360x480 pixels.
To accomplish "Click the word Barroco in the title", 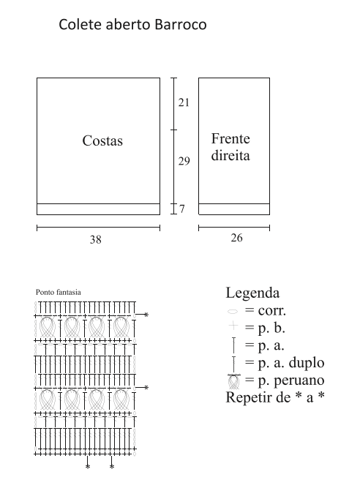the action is (181, 24).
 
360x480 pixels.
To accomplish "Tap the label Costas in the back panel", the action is (102, 140).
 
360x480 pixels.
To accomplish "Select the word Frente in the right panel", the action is (230, 139).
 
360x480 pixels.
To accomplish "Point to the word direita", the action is (230, 155).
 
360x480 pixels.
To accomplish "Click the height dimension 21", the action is (184, 102).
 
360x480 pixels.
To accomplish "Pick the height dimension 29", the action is (184, 161).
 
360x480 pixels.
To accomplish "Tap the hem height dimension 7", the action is (182, 209).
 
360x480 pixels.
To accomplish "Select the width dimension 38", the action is (96, 239).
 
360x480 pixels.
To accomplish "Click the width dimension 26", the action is (236, 238).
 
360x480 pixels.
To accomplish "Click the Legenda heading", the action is (252, 293).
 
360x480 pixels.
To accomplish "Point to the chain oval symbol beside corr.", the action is (233, 312).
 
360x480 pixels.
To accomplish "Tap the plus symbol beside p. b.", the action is (233, 326).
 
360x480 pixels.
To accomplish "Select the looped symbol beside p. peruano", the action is (234, 381).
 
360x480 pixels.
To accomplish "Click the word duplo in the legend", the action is (307, 363).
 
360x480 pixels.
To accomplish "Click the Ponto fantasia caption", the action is (59, 292).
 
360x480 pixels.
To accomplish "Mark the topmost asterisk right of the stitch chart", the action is (146, 315).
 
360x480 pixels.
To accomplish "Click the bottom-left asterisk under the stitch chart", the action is (88, 467).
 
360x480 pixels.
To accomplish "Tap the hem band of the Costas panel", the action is (98, 209).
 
